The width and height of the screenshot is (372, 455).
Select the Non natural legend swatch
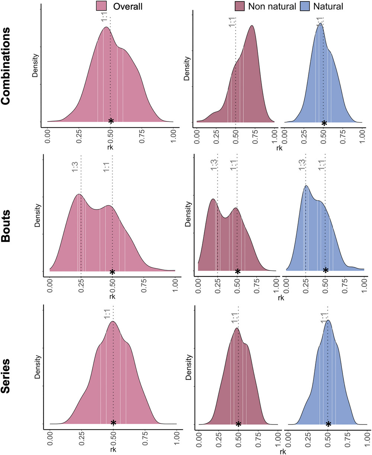240,6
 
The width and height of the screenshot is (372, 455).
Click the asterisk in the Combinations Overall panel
111,121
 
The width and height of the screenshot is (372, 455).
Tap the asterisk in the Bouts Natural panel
325,271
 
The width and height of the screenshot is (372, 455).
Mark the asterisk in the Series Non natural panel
238,424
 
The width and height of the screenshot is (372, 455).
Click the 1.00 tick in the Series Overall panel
176,438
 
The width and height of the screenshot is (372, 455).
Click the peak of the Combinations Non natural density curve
252,26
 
